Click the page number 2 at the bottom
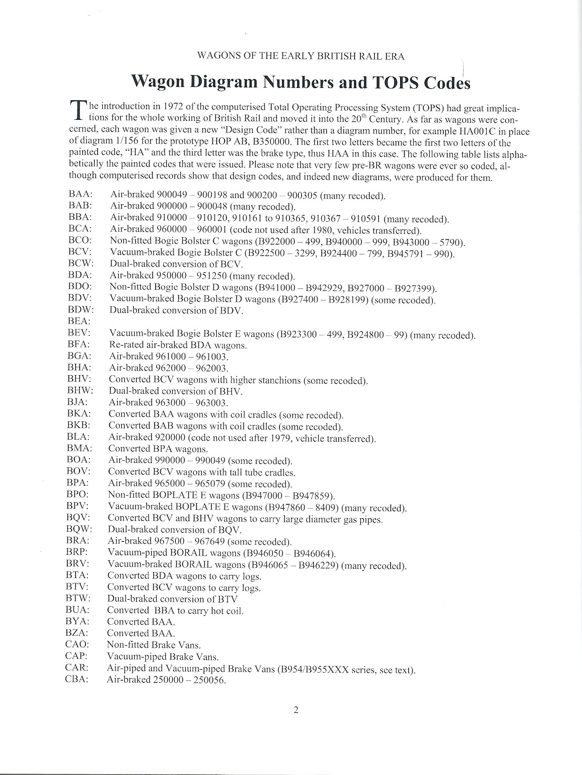[296, 710]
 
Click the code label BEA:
[78, 322]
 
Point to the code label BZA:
[76, 633]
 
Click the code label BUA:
[77, 610]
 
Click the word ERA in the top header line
[396, 56]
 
